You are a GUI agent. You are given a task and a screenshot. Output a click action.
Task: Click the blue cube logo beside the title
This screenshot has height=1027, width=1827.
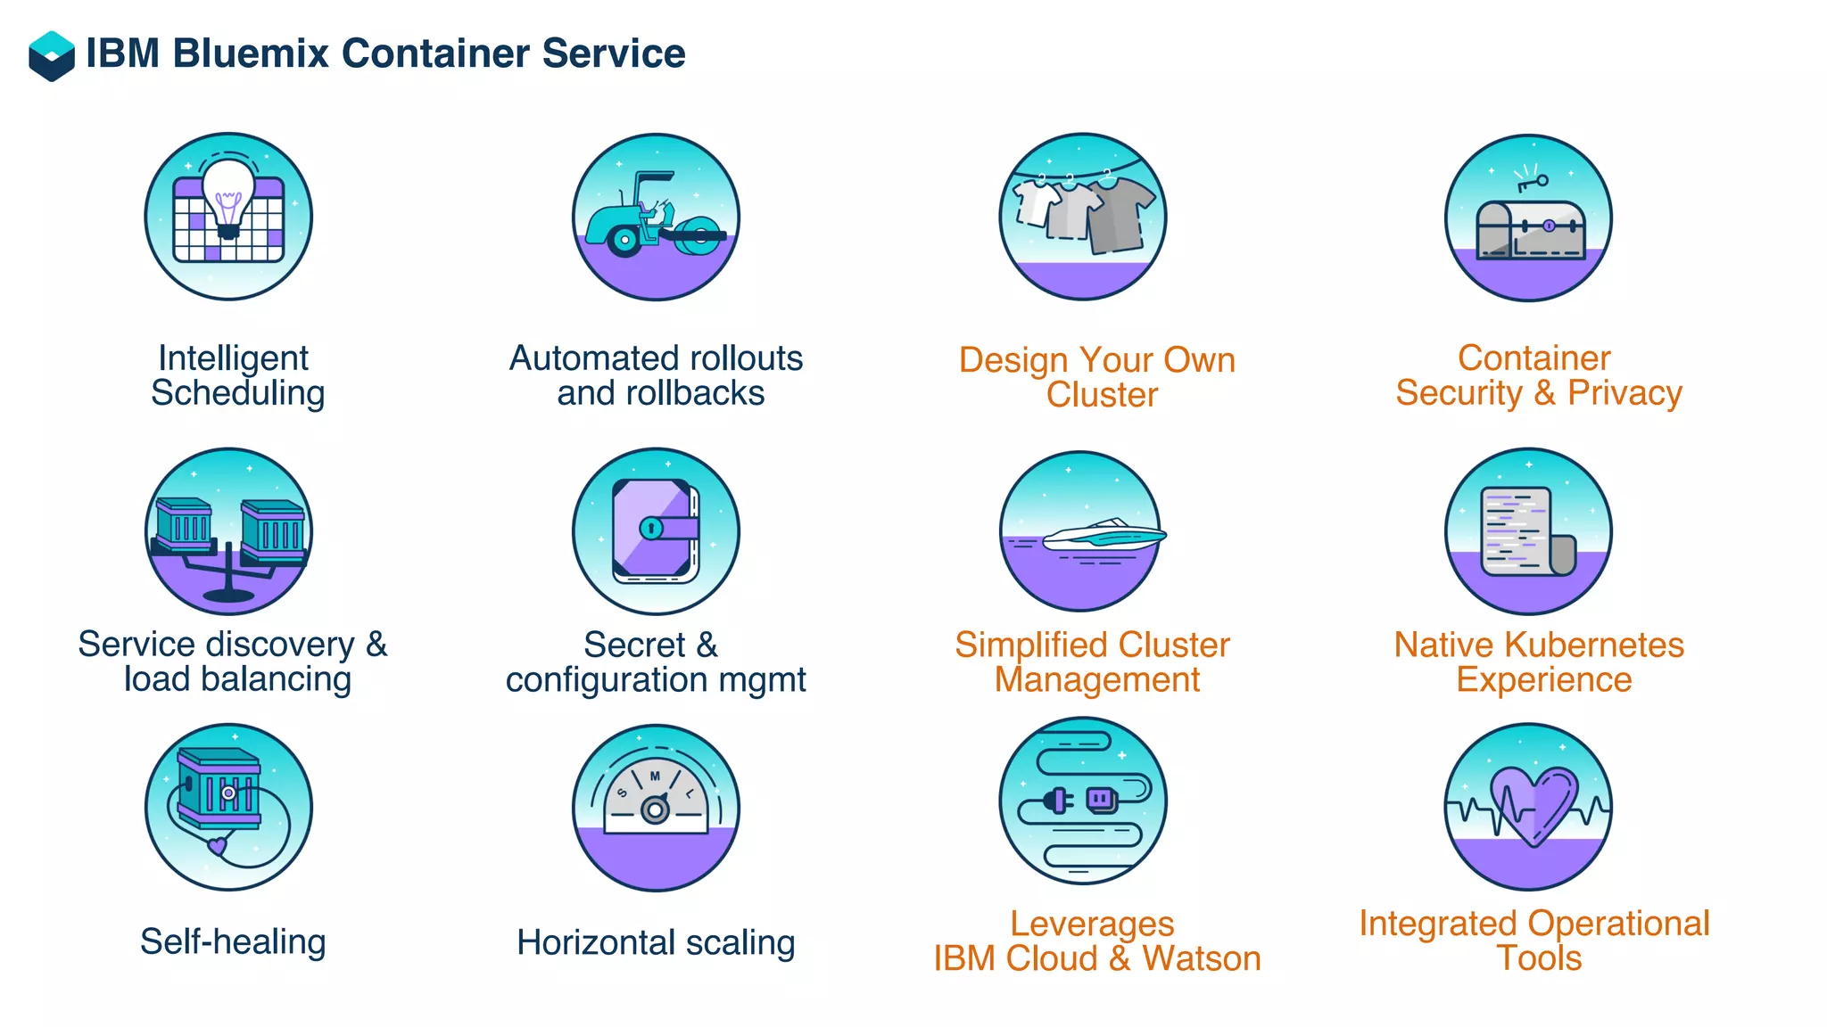point(52,55)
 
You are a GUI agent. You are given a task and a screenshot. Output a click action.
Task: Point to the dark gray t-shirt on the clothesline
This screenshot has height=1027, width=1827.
point(1121,214)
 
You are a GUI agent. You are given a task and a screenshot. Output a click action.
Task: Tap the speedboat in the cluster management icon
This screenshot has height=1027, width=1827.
point(1104,534)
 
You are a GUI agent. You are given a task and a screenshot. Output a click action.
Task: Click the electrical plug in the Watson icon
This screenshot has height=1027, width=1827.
point(1058,800)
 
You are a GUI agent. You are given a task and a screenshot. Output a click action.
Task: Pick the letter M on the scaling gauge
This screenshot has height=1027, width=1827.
point(655,776)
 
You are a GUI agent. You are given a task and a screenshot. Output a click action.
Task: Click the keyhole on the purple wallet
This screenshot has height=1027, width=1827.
point(651,529)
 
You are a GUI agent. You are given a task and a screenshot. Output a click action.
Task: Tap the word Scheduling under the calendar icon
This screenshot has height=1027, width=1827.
point(237,393)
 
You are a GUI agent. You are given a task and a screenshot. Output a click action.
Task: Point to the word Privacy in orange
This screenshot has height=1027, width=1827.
point(1624,393)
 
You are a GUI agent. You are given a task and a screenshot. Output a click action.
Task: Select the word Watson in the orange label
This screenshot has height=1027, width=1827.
point(1201,958)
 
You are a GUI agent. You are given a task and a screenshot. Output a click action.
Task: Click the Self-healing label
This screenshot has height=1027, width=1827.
point(233,941)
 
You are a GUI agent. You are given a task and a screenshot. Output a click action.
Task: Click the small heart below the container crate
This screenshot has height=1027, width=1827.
point(217,845)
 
